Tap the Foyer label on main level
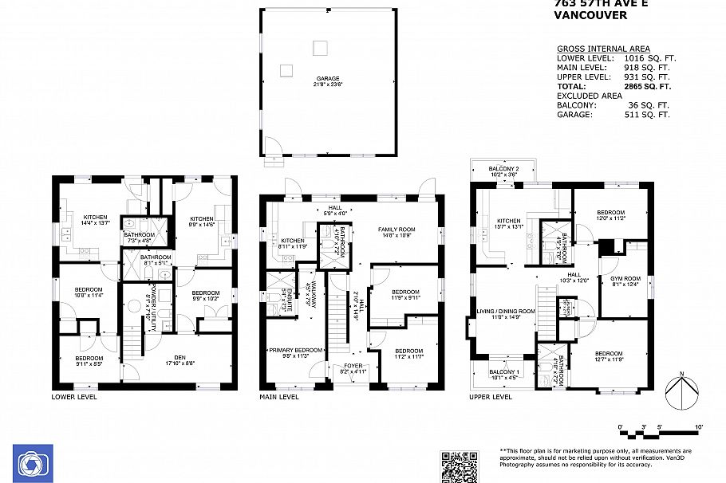click(x=352, y=368)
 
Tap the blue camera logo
click(x=33, y=463)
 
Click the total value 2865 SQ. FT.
click(x=642, y=86)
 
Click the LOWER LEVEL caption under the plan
click(x=74, y=396)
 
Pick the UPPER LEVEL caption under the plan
click(x=490, y=396)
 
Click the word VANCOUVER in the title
click(x=590, y=15)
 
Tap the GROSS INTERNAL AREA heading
click(x=602, y=49)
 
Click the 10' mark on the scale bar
click(x=699, y=428)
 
